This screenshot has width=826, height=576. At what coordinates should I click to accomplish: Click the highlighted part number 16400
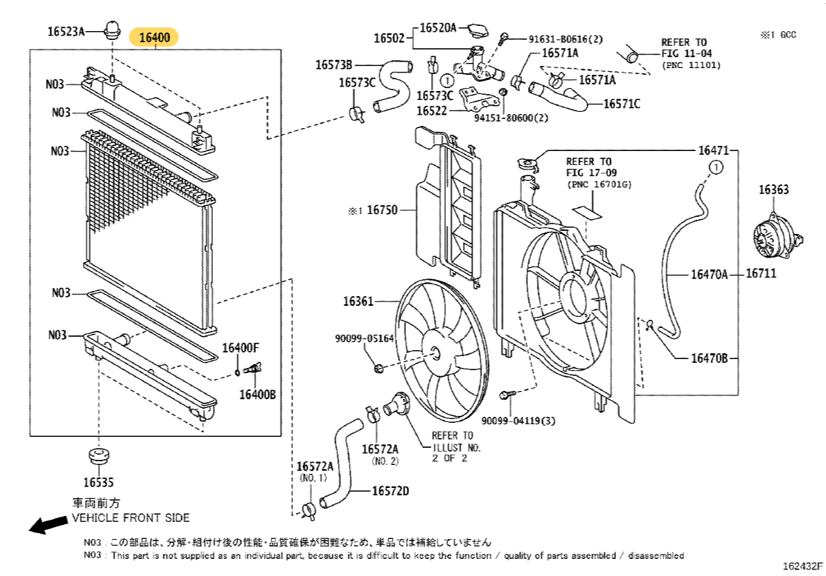click(155, 38)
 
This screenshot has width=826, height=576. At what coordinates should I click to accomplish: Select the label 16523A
click(66, 31)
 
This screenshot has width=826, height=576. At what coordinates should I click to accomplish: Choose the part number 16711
click(761, 274)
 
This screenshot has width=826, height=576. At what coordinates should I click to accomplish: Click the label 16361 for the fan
click(358, 301)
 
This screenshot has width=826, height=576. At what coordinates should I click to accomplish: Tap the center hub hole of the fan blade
click(435, 353)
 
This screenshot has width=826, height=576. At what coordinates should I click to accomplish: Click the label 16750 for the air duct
click(382, 210)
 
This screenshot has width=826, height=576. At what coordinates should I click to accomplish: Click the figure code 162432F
click(803, 566)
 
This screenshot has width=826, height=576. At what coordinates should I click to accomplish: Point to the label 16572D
click(390, 491)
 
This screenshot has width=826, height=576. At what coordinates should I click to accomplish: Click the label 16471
click(714, 150)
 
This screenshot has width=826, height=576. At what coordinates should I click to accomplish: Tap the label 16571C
click(622, 104)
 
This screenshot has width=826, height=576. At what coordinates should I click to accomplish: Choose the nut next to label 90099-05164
click(378, 368)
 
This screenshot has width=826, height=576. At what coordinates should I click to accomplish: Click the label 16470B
click(709, 358)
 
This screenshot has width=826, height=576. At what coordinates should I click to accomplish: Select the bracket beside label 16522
click(478, 100)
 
